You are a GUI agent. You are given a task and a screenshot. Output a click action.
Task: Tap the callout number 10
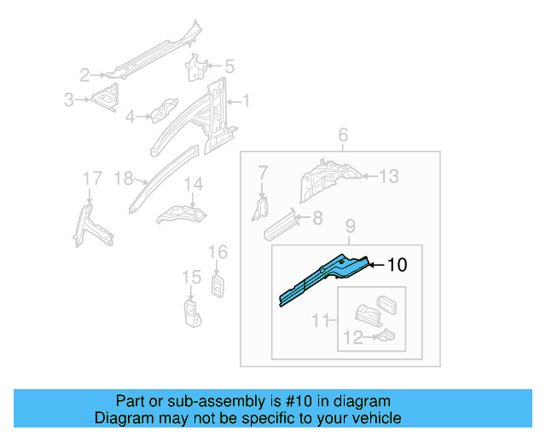point(397,265)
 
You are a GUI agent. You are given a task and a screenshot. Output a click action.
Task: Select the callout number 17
point(91,177)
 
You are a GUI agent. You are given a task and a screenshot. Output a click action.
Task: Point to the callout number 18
point(124,178)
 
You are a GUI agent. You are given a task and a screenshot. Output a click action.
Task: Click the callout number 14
point(194,183)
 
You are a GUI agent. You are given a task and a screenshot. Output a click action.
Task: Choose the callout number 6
point(343,135)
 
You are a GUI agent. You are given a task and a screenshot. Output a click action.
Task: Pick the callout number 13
point(388,176)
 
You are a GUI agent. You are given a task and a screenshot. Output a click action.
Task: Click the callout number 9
point(350,227)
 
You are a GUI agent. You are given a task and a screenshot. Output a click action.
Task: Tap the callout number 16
point(218,251)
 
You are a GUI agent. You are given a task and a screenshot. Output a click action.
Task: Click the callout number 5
point(229,66)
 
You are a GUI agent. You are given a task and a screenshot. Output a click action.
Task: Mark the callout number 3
point(69,100)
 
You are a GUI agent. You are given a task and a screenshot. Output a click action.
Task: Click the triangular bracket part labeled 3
point(106,98)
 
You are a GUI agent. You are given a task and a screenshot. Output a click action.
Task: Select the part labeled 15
point(191,311)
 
